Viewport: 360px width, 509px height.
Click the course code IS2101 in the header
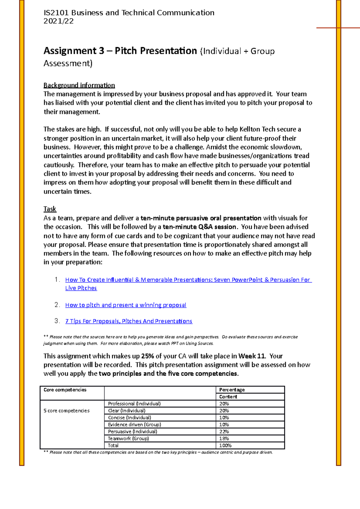(56, 13)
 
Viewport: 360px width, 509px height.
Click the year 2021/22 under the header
(58, 21)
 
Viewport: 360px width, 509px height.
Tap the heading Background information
(79, 85)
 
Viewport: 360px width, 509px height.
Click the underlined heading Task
(50, 209)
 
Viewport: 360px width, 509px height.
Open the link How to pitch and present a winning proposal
(126, 305)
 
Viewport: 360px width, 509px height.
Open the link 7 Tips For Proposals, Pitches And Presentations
(129, 321)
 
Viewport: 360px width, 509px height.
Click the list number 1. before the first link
(57, 280)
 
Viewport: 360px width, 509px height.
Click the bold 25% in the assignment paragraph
(148, 356)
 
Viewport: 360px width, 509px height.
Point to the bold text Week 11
(252, 356)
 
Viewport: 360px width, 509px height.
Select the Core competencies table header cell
(65, 390)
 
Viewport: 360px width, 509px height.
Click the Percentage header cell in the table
(232, 390)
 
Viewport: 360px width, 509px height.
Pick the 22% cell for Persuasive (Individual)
(224, 432)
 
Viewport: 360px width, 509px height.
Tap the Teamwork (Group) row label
(128, 439)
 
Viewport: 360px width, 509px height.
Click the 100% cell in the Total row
(225, 445)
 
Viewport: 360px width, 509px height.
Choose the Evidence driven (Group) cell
(134, 425)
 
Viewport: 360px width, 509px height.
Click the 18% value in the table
(224, 439)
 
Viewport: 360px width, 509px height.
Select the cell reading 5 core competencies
(67, 411)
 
